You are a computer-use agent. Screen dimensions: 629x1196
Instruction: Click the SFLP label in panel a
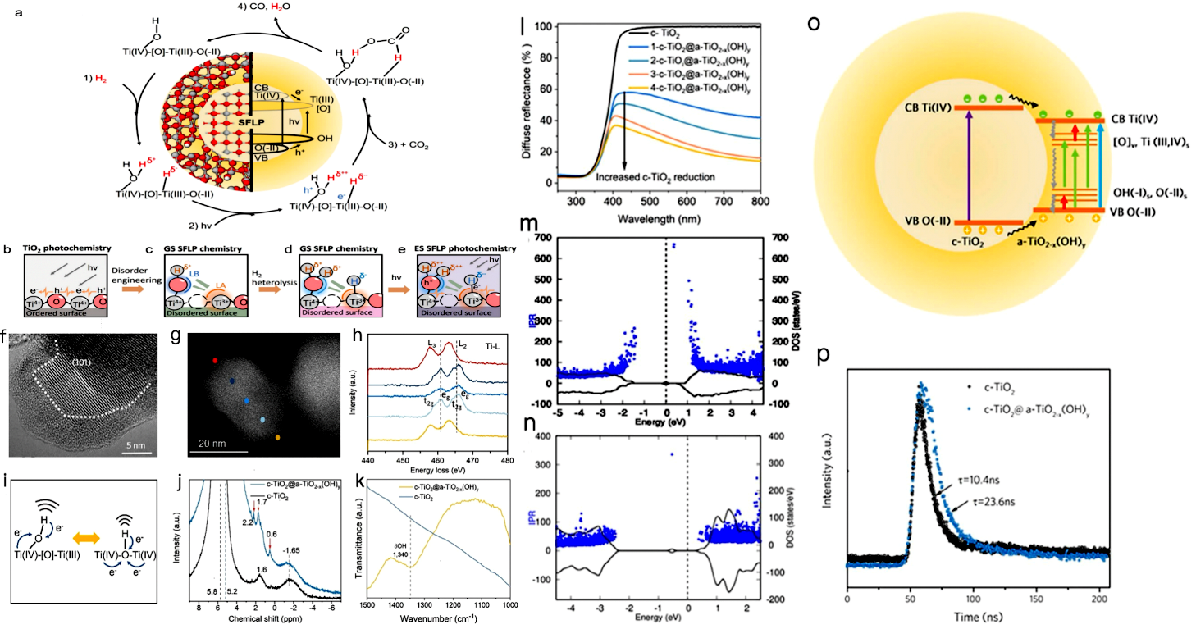click(231, 121)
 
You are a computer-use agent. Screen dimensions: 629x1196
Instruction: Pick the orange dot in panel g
click(278, 438)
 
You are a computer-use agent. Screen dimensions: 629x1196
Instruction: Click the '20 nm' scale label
click(216, 441)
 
